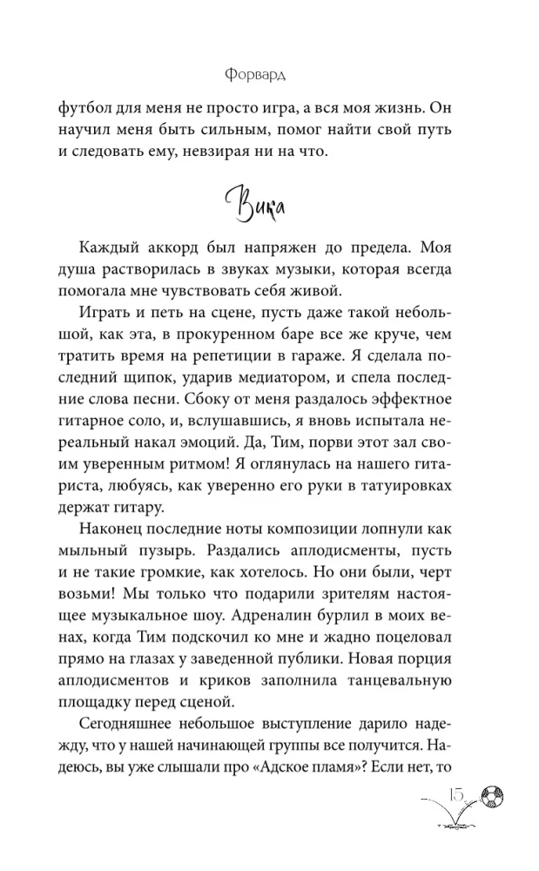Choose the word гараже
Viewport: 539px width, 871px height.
[376, 357]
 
